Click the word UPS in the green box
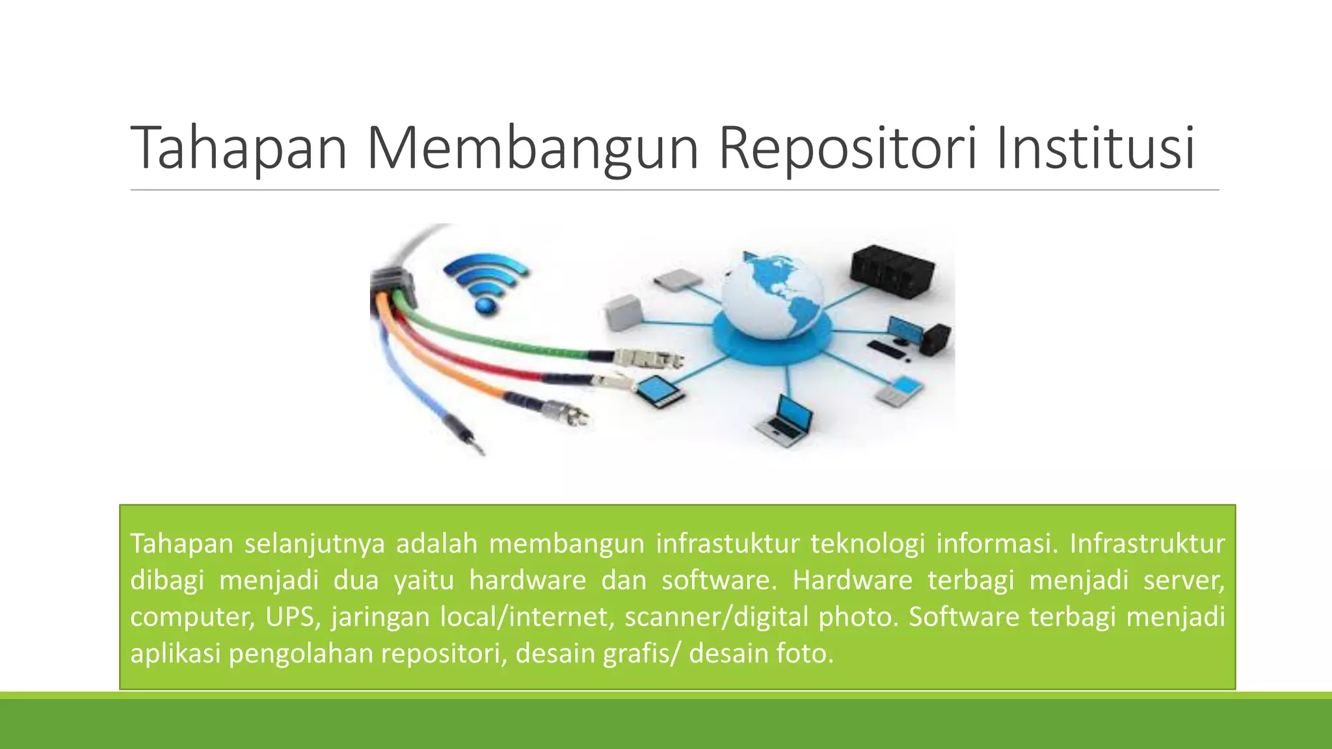(293, 616)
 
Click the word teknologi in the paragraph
(868, 544)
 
